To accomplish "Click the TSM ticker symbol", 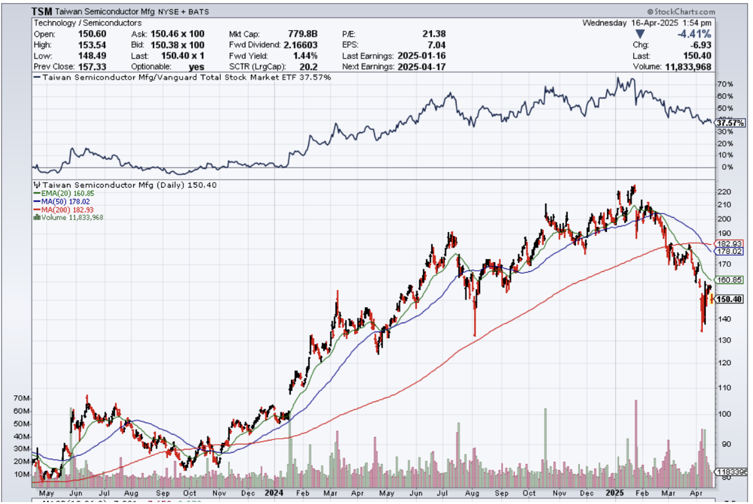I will [42, 12].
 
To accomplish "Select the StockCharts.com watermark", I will [681, 12].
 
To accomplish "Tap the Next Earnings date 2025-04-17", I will [422, 66].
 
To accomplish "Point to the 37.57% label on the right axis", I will [730, 123].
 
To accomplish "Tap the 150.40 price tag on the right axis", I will [730, 299].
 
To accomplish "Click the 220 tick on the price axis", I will [723, 192].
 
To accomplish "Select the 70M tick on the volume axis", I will [21, 399].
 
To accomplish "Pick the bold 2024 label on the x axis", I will [274, 493].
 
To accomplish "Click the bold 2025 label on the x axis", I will [615, 493].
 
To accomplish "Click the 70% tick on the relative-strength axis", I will [725, 84].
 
